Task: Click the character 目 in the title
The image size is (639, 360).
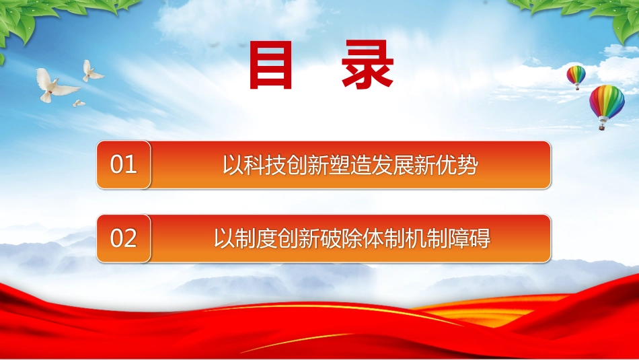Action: (x=271, y=65)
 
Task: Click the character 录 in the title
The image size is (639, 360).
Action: (x=367, y=65)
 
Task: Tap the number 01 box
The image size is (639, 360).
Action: (x=124, y=165)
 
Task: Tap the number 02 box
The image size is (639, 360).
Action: (x=124, y=238)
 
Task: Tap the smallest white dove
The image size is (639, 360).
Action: (x=79, y=104)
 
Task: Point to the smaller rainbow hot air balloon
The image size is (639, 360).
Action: (x=576, y=77)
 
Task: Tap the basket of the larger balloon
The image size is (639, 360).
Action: (x=601, y=127)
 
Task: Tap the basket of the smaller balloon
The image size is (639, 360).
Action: (x=578, y=88)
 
